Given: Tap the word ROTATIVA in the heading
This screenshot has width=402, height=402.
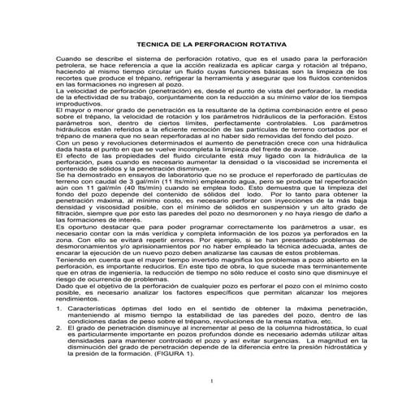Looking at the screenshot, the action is coord(251,45).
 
